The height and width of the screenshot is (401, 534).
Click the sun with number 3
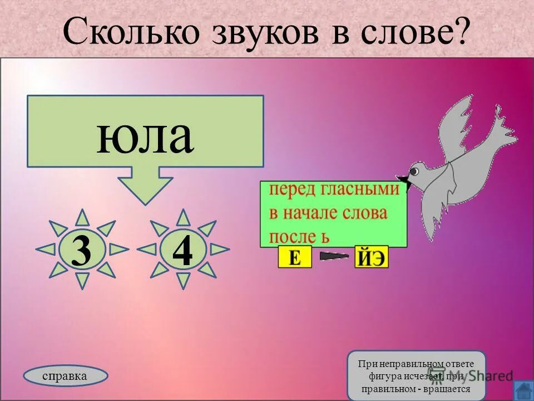point(82,250)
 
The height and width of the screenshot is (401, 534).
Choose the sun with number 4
point(182,250)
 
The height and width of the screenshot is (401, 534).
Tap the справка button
point(65,376)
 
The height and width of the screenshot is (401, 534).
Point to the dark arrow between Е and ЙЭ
point(334,257)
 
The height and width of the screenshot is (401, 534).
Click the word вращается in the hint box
point(448,389)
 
